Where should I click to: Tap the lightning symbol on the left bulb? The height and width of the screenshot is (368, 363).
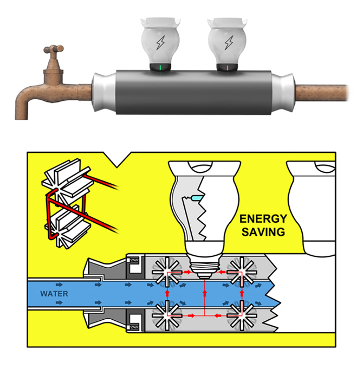point(161,43)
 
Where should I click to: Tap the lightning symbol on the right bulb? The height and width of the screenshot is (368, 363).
point(228,43)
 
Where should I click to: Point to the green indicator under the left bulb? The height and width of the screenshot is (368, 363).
point(161,68)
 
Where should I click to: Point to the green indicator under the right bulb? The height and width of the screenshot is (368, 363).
point(228,68)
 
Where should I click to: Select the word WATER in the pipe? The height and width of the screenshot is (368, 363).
point(54,294)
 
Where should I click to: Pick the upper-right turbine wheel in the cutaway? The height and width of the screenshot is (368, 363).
point(241,268)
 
